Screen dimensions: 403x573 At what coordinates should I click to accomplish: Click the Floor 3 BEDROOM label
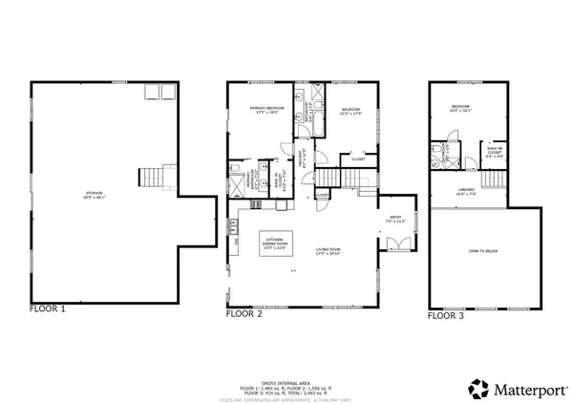pyautogui.click(x=460, y=108)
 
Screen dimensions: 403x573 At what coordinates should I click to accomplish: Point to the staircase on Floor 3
pyautogui.click(x=492, y=180)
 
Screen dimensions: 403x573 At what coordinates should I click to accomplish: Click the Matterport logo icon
pyautogui.click(x=478, y=389)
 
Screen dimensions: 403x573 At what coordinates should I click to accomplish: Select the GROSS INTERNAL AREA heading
pyautogui.click(x=286, y=380)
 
